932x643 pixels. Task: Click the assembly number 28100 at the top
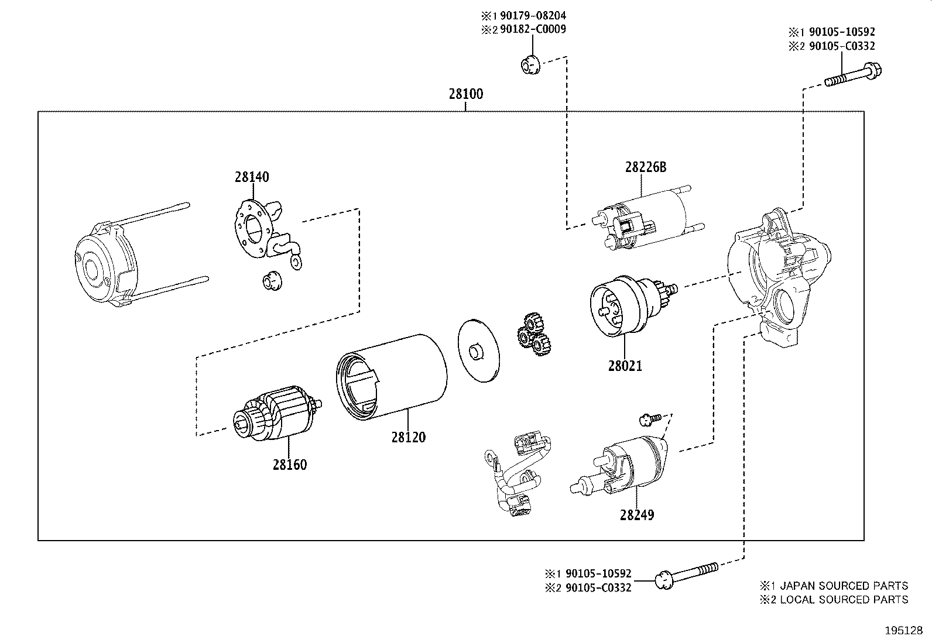466,94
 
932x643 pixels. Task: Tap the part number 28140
252,177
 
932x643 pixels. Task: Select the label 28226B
645,167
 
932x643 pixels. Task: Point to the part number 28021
625,366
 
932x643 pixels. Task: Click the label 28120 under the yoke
409,437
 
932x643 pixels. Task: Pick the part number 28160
289,465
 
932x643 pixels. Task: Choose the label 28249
637,515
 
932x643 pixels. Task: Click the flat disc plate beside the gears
479,350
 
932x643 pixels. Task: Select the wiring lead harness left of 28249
519,473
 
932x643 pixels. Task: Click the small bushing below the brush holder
271,281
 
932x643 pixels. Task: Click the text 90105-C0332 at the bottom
598,588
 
